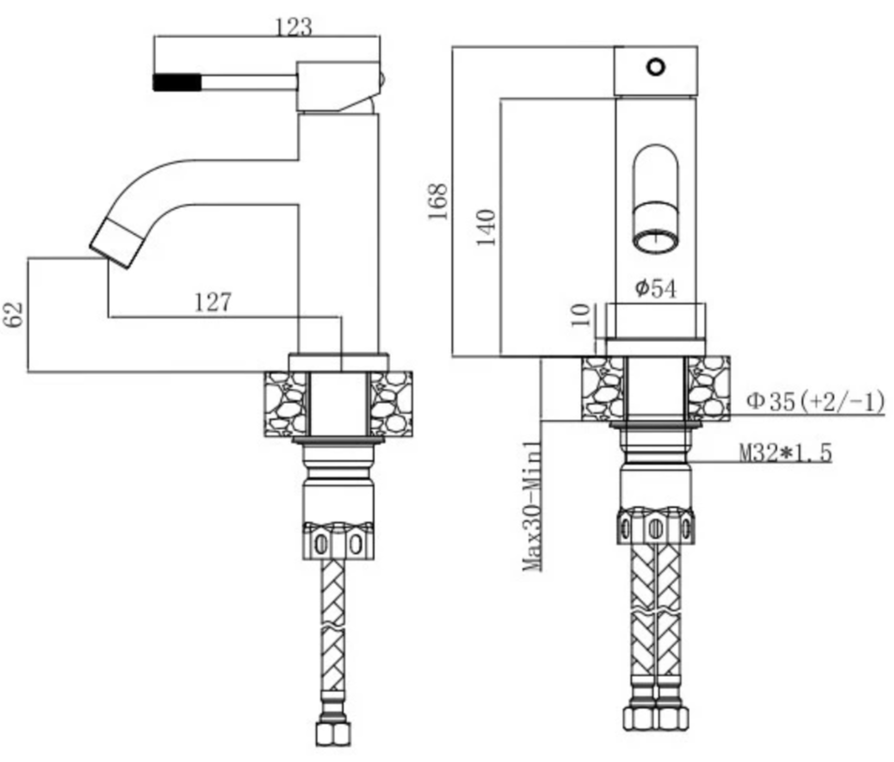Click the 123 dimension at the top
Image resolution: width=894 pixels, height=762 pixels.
pyautogui.click(x=294, y=27)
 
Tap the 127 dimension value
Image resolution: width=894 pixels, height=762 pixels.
pyautogui.click(x=213, y=302)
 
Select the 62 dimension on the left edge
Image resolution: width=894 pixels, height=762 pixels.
pyautogui.click(x=15, y=314)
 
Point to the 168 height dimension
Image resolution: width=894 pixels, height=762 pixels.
pyautogui.click(x=438, y=201)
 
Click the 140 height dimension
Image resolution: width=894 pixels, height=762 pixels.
pyautogui.click(x=486, y=228)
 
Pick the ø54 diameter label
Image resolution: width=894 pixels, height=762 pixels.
pyautogui.click(x=656, y=288)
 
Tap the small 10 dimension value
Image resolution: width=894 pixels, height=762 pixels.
pyautogui.click(x=580, y=314)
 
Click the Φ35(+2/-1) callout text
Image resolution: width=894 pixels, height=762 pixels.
pyautogui.click(x=816, y=402)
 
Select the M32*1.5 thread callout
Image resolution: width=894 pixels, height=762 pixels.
pyautogui.click(x=786, y=453)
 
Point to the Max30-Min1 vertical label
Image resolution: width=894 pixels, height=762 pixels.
pyautogui.click(x=532, y=506)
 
